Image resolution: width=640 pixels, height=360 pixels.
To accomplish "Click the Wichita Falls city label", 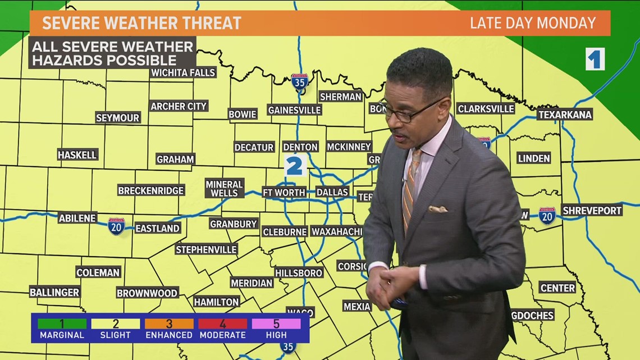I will coord(183,72).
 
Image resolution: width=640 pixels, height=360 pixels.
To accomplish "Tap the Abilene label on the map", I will coord(77,218).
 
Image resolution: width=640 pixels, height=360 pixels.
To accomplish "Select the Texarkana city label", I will coord(565,115).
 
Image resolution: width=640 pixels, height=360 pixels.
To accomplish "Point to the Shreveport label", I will coord(592,210).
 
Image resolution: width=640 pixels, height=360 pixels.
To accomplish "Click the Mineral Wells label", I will coord(224,189).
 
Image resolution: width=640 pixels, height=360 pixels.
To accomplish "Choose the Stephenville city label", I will coord(206,249).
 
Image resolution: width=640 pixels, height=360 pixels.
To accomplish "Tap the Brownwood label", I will coord(147,293).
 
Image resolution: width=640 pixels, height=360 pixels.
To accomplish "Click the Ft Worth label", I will coord(284,192).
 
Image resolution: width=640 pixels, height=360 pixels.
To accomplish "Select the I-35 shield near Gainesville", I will coord(300,83).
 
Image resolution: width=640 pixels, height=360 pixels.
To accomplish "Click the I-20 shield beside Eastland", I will coord(116,226).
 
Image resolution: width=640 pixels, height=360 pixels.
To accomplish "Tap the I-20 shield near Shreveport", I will coord(547,215).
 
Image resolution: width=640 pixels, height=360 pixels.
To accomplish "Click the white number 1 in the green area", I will coord(595,59).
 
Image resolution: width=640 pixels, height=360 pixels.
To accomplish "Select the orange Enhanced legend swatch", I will coord(169,323).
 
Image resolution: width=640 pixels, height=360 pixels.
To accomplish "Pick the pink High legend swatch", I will coord(276,323).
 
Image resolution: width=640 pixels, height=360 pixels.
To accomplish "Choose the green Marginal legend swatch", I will coord(62,323).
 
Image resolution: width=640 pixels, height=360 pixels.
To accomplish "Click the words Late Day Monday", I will coord(532,23).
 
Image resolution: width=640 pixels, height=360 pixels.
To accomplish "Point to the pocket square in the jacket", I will coord(438,209).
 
